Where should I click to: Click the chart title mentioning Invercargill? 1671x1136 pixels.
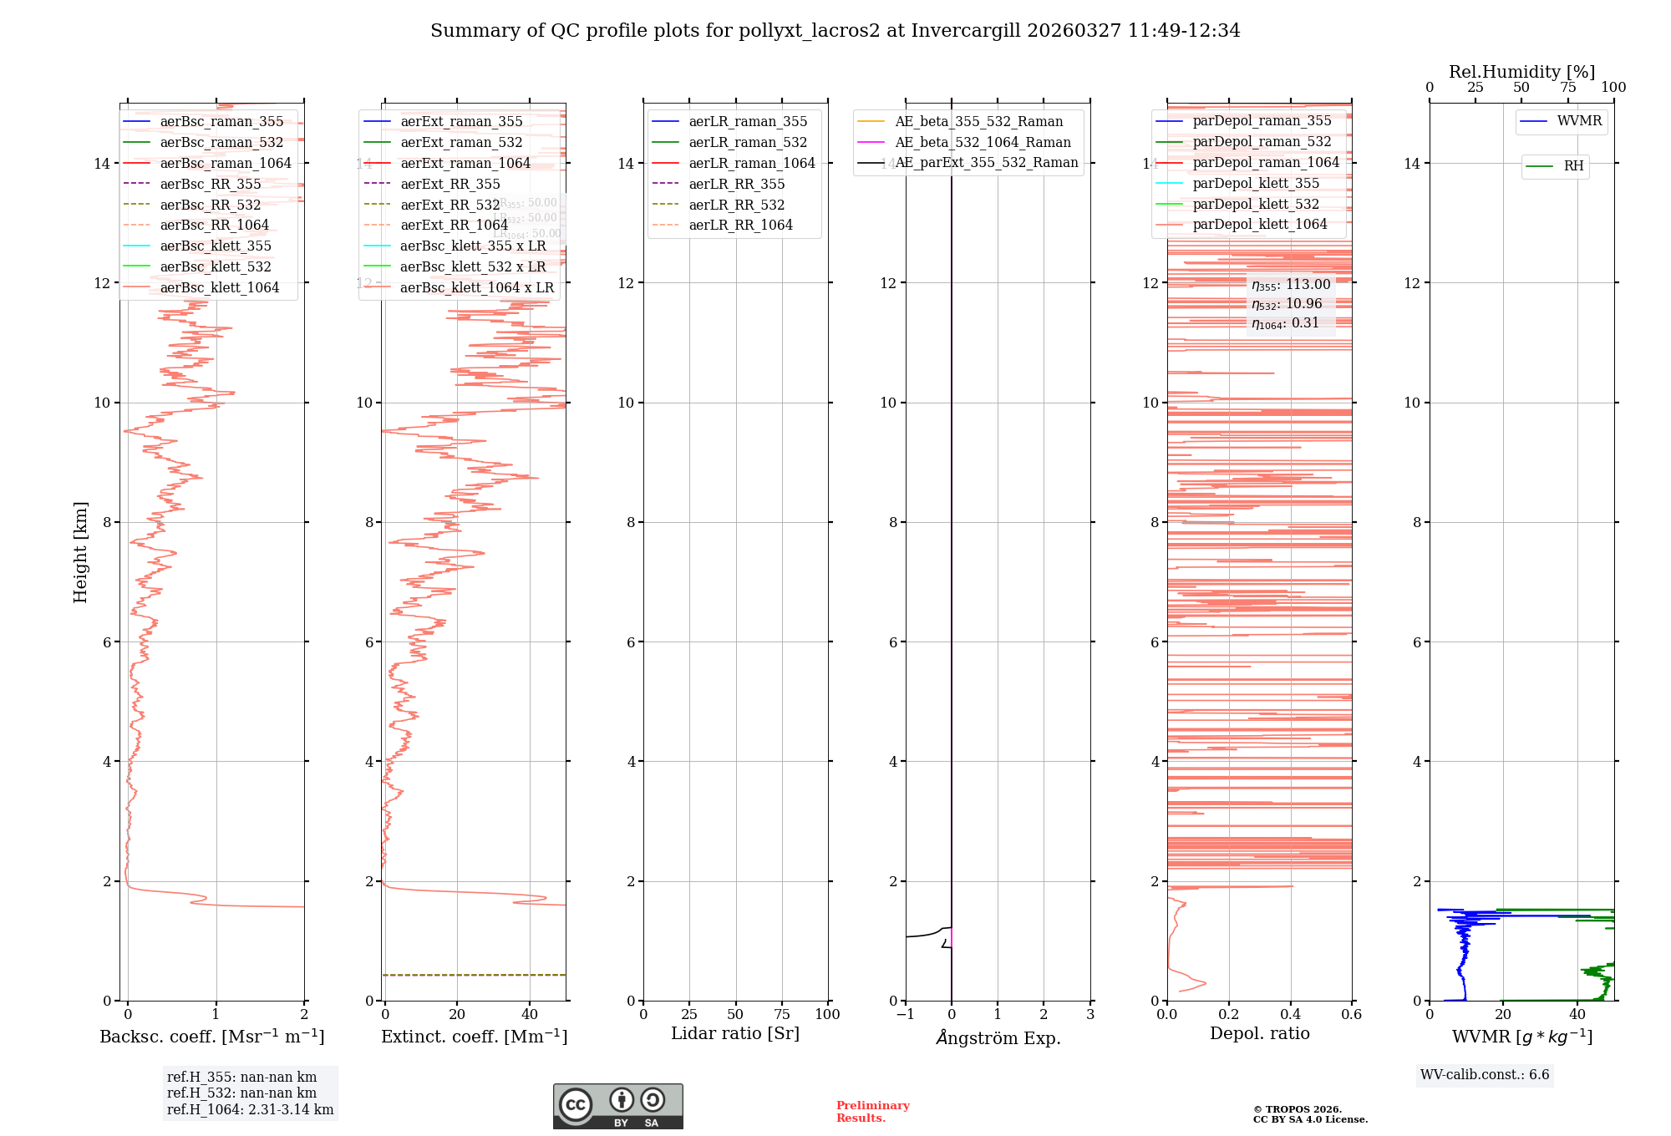click(x=835, y=31)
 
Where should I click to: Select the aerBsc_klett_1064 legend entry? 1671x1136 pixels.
click(x=219, y=287)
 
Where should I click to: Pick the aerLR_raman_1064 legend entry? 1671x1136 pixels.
click(x=751, y=163)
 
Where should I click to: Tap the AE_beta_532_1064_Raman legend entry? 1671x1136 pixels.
click(x=982, y=142)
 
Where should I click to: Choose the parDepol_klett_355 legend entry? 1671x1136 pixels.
click(x=1256, y=183)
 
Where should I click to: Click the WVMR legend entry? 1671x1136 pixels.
click(x=1578, y=121)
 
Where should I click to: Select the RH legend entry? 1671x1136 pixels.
click(x=1572, y=166)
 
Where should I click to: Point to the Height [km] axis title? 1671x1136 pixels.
click(x=80, y=551)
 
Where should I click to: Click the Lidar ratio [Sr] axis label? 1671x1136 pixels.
click(x=734, y=1033)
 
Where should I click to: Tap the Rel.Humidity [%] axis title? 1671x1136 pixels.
click(x=1521, y=72)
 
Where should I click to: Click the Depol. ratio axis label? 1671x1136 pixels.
click(x=1259, y=1033)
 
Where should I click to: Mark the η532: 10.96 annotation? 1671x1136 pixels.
click(x=1287, y=304)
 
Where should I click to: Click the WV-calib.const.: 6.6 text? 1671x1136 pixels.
click(x=1485, y=1075)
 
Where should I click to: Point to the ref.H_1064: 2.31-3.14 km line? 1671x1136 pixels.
click(x=250, y=1109)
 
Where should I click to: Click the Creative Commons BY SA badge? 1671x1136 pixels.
click(x=617, y=1106)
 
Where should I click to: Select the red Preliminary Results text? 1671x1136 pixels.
click(x=872, y=1112)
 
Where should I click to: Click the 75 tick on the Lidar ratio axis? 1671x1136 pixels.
click(x=782, y=1014)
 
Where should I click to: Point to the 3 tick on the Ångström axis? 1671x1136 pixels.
click(x=1089, y=1014)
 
